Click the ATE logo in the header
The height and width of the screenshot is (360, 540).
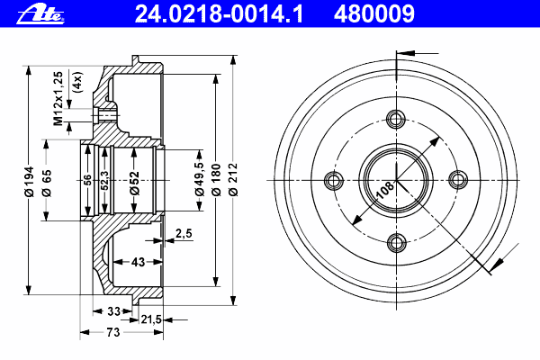point(40,14)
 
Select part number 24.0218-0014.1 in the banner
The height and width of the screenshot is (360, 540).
point(219,14)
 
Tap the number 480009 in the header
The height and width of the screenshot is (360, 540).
point(374,14)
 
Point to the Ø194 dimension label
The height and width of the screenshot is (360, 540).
point(30,182)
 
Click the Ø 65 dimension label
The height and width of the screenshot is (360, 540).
point(47,183)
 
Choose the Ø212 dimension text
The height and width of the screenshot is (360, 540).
point(233,179)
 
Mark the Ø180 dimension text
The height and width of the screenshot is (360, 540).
point(216,180)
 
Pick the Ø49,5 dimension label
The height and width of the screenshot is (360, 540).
point(200,179)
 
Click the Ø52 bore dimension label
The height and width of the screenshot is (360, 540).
point(134,184)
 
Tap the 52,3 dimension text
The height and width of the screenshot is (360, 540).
point(104,180)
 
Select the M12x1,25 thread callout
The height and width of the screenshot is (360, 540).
point(58,98)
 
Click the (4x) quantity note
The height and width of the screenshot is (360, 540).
point(78,82)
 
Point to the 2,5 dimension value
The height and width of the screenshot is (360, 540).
point(184,233)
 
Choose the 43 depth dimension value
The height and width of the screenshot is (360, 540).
point(138,262)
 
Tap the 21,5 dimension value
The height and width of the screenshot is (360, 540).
point(151,319)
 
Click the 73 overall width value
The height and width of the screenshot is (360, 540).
point(113,332)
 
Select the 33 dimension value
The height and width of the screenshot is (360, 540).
point(113,311)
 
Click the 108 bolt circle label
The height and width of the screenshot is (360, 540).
point(385,191)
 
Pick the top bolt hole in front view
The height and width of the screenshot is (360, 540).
point(396,119)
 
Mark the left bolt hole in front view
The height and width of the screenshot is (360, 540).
point(334,180)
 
